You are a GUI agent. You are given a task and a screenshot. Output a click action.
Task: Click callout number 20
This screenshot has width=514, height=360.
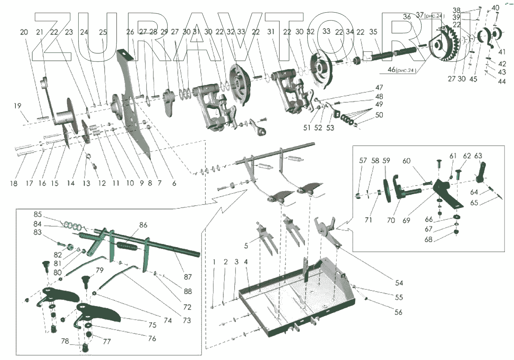coord(24,32)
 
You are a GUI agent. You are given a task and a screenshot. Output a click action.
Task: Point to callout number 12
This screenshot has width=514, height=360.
coord(102,184)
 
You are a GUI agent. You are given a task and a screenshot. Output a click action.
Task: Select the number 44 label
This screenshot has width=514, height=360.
coord(502,81)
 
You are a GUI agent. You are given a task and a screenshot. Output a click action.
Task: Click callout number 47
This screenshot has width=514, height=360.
coord(379,88)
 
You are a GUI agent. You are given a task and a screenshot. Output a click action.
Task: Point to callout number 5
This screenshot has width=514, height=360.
coord(246,246)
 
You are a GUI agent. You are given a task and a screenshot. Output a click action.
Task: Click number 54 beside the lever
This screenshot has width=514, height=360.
coord(399,283)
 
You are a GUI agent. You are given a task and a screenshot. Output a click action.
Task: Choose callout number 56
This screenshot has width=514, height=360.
coord(398,312)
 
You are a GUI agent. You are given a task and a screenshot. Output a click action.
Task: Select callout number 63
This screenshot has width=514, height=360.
coord(478,156)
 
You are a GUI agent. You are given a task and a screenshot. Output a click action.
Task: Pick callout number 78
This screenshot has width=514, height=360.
coord(65,341)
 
